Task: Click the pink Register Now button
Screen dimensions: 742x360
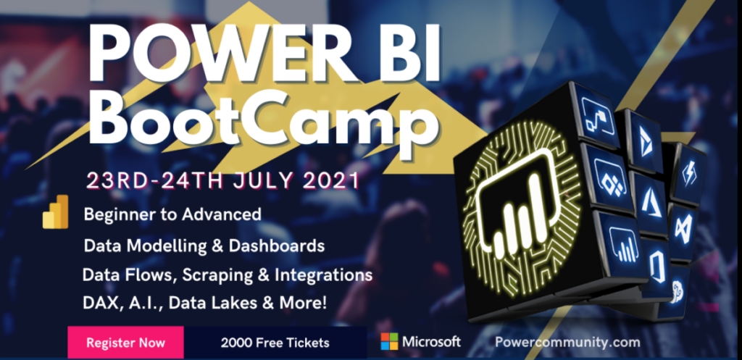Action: [x=125, y=342]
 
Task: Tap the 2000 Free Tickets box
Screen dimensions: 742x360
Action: [x=275, y=342]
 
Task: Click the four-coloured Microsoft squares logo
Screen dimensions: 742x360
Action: [x=389, y=342]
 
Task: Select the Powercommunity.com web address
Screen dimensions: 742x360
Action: [x=567, y=342]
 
